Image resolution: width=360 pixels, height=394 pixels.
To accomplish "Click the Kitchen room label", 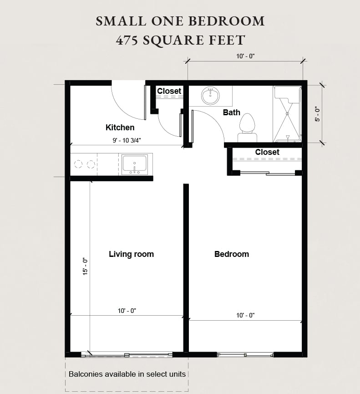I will tap(120, 128).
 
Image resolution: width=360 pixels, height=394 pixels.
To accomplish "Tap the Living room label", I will tap(131, 254).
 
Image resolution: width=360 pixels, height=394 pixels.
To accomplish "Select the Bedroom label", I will tap(231, 254).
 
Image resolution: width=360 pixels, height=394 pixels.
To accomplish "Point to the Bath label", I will tap(231, 113).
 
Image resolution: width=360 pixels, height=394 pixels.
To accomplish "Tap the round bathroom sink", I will tap(210, 96).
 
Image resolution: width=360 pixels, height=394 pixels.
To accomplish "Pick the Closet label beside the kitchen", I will tap(169, 91).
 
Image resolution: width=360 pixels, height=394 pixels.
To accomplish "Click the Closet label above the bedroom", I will tap(267, 152).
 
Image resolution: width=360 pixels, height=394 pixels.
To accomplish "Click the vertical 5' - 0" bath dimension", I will tap(318, 113).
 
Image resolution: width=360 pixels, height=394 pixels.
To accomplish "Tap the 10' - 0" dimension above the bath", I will tap(245, 56).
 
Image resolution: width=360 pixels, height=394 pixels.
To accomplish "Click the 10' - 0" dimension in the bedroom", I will tap(245, 315).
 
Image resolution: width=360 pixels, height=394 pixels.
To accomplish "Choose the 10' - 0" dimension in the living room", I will tap(127, 311).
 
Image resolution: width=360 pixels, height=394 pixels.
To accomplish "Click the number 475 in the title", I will tap(127, 40).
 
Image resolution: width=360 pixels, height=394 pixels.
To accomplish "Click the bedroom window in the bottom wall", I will tap(245, 355).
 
